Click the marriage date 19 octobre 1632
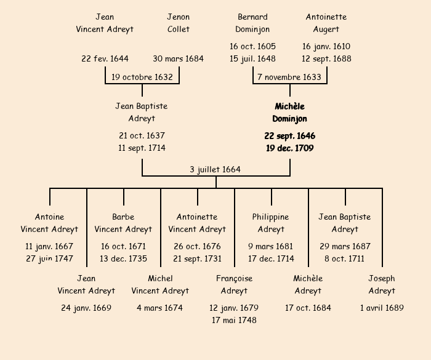tap(142, 77)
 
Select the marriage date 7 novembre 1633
tap(289, 77)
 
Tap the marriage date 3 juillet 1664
tap(216, 169)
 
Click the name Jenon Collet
tap(179, 23)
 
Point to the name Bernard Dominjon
tap(252, 23)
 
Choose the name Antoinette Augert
tap(326, 23)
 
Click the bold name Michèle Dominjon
tap(289, 113)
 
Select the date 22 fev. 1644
tap(105, 58)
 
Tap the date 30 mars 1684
tap(179, 58)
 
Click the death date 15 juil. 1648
tap(252, 58)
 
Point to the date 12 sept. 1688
tap(326, 58)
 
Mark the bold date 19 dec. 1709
tap(289, 148)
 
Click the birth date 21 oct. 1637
tap(142, 135)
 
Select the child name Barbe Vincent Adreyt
tap(123, 223)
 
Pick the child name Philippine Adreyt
tap(271, 223)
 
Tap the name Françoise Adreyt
tap(234, 284)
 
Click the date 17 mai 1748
tap(234, 320)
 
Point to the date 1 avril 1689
tap(382, 308)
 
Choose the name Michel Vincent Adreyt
tap(160, 284)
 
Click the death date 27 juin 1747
tap(49, 258)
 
